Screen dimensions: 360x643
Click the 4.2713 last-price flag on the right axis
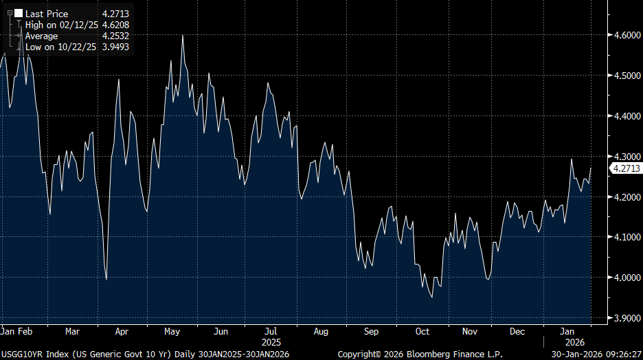point(626,168)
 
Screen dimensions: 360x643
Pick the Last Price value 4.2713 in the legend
point(115,13)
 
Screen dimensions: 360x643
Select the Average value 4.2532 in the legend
point(115,36)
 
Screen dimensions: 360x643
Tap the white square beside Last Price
point(19,13)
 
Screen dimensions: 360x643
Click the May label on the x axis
point(172,331)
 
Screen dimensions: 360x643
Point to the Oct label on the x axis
point(422,331)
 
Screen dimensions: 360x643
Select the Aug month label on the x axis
point(321,331)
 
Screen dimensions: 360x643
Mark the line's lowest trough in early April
point(106,279)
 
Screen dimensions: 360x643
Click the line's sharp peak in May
point(182,35)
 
